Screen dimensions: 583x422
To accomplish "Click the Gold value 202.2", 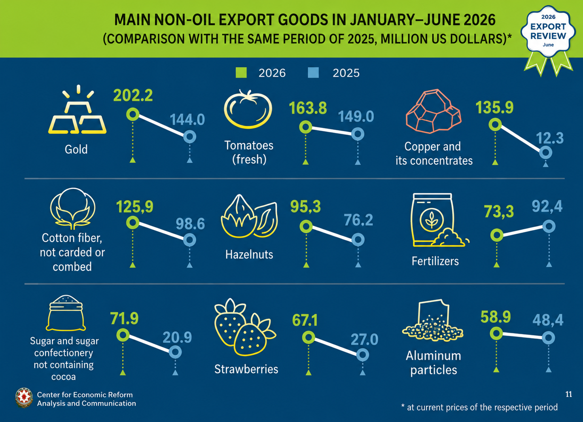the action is [x=133, y=95].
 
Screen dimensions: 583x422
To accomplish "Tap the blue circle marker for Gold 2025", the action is [x=190, y=137].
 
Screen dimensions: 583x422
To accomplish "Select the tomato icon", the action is [x=248, y=109].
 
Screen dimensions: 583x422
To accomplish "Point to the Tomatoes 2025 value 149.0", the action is [x=356, y=116].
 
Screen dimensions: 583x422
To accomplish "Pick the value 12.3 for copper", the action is [x=550, y=138].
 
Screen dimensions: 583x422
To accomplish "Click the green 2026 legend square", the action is [x=241, y=73].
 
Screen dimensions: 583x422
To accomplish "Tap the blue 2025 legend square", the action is [x=313, y=73].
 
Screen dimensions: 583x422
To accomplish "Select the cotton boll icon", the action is [x=73, y=208].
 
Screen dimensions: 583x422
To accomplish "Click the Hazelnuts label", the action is [x=249, y=255].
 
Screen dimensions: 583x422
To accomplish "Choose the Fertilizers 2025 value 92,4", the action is [x=547, y=206].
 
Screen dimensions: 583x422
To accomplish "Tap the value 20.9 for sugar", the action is [x=177, y=337].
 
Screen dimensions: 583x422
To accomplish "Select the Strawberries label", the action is [x=246, y=369].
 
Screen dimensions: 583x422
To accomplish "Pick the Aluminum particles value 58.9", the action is [x=496, y=317].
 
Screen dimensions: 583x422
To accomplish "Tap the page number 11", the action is [x=569, y=394].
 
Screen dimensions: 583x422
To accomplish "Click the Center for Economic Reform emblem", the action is [x=24, y=398].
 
